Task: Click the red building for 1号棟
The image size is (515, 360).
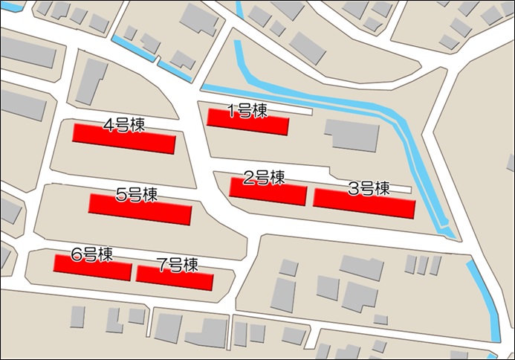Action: click(x=247, y=123)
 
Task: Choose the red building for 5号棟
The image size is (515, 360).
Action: click(x=140, y=210)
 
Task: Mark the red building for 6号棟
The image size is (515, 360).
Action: click(x=92, y=268)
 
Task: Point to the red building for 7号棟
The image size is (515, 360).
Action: click(x=175, y=277)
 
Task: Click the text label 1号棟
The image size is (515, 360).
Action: click(x=247, y=111)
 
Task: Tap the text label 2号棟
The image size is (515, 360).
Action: click(x=265, y=178)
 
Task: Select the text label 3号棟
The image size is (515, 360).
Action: click(x=369, y=189)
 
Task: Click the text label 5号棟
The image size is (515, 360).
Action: click(x=137, y=195)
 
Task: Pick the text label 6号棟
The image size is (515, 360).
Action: click(x=91, y=254)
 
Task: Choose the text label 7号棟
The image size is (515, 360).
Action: click(x=177, y=264)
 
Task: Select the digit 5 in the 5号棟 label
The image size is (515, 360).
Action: click(x=121, y=196)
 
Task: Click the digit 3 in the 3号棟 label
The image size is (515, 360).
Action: click(x=354, y=189)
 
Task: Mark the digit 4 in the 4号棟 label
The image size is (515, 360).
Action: click(x=108, y=124)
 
